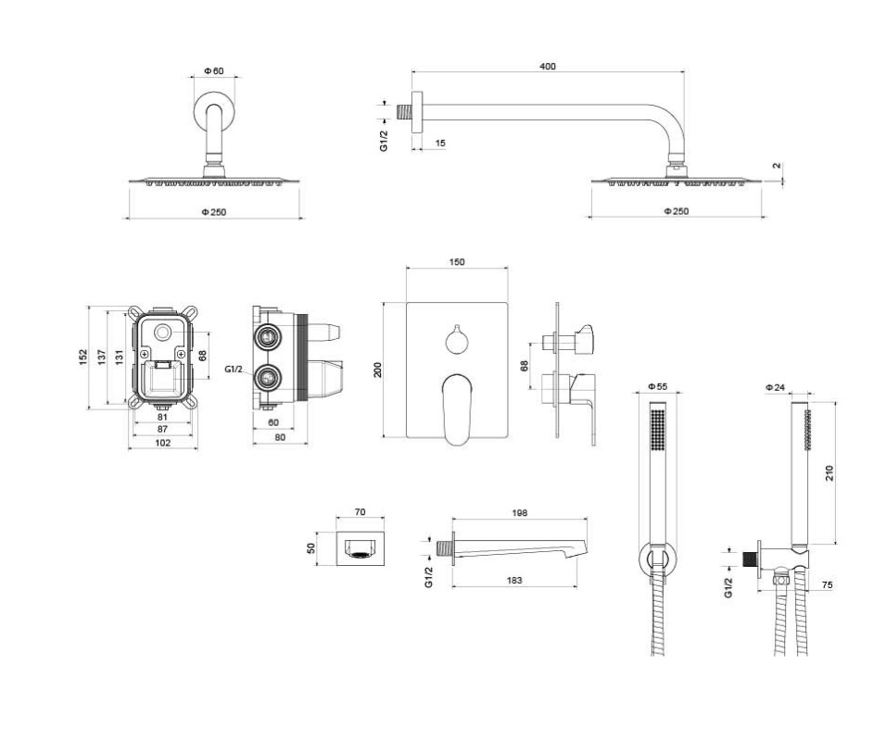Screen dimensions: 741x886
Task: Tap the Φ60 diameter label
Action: click(x=214, y=71)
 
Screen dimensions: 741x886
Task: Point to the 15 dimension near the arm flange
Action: click(x=440, y=143)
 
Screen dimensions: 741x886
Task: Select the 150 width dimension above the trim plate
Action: click(x=457, y=263)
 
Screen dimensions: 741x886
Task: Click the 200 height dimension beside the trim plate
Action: click(x=377, y=370)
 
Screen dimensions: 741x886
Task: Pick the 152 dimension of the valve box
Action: click(x=83, y=357)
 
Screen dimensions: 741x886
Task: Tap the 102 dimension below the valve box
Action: click(x=163, y=443)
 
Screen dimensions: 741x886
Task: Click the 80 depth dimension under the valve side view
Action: click(x=280, y=437)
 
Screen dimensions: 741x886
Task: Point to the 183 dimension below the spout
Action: click(x=515, y=580)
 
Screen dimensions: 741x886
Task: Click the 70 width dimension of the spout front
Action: click(x=360, y=512)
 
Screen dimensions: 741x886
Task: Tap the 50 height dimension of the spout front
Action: click(x=312, y=548)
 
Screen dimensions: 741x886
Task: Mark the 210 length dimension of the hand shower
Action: click(x=829, y=473)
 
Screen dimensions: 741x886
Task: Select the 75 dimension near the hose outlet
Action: click(x=828, y=584)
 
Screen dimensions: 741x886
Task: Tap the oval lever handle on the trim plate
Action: click(x=457, y=408)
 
